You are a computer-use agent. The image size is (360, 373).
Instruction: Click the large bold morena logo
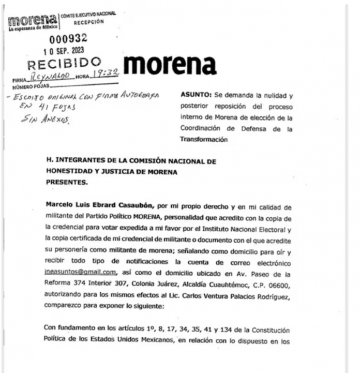click(x=170, y=65)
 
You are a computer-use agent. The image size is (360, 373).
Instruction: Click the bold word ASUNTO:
click(x=196, y=96)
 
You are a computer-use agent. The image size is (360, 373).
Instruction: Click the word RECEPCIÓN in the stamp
click(x=88, y=22)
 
